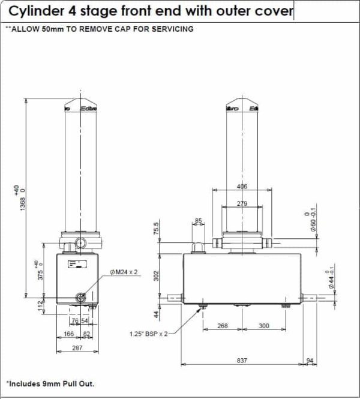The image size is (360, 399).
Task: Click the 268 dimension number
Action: (223, 325)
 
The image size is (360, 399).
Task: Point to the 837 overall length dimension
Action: (242, 360)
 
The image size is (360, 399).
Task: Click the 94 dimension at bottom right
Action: (310, 360)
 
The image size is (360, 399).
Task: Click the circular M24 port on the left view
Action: (81, 297)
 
